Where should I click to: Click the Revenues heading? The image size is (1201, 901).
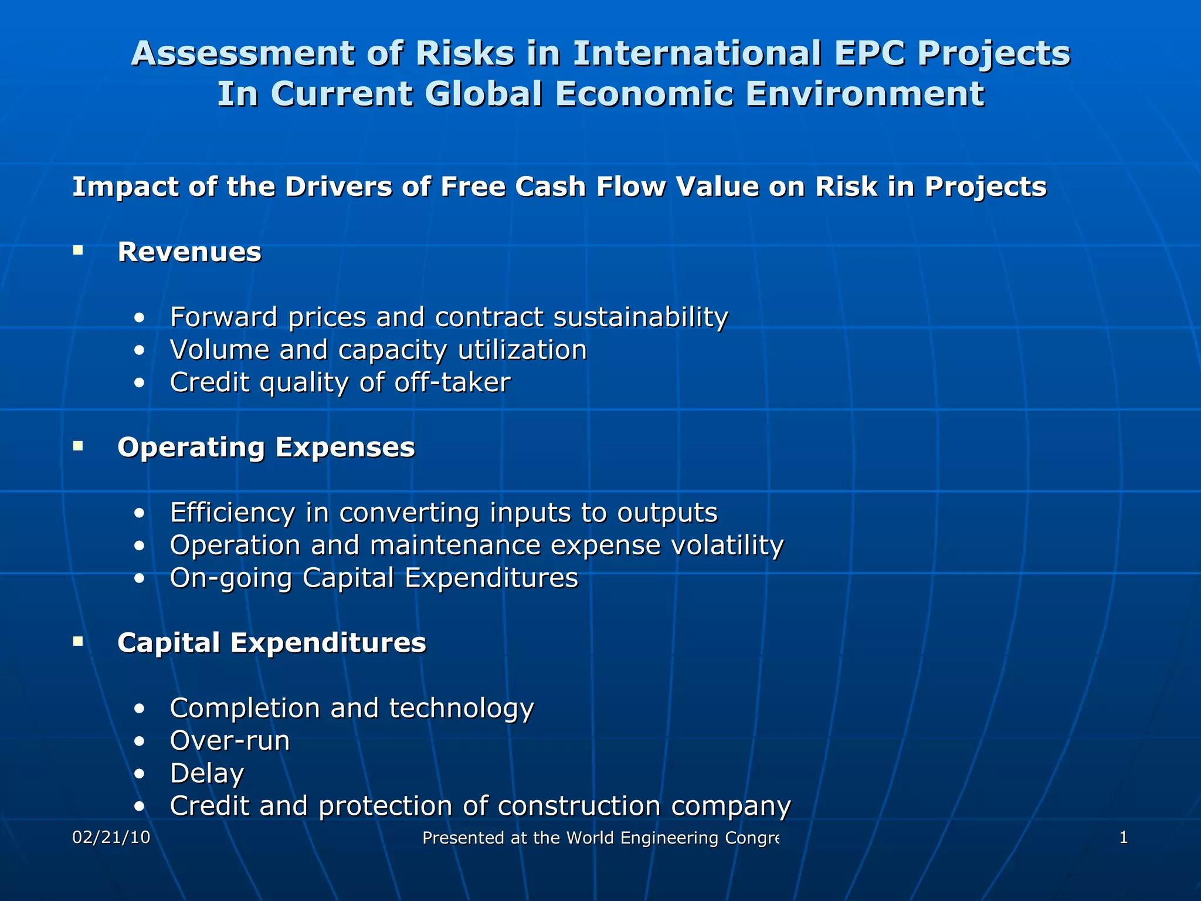189,252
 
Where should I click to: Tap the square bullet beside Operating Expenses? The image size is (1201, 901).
78,446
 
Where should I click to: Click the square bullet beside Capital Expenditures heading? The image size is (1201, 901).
78,642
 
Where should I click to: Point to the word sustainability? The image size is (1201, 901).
640,317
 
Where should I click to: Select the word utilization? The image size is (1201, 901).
523,350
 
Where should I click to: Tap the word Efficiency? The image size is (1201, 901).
232,513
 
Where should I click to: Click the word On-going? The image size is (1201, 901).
231,578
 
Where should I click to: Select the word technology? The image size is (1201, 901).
462,708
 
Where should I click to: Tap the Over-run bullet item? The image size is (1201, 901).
230,741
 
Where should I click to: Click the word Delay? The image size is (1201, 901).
206,773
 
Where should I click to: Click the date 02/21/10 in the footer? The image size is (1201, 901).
111,838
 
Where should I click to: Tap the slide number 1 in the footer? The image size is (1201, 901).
1123,838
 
